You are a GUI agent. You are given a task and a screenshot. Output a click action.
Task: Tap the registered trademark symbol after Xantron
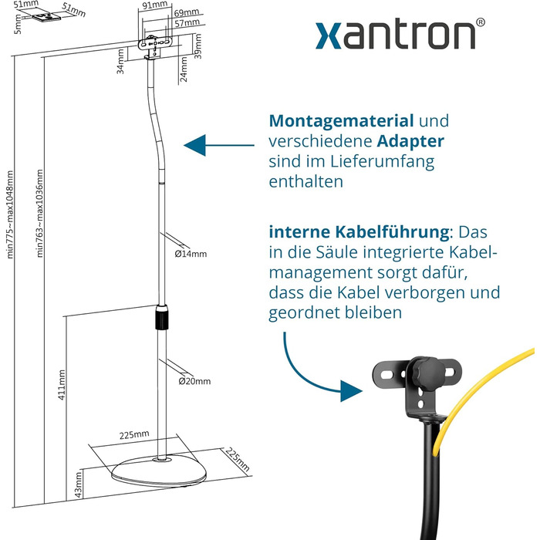481,24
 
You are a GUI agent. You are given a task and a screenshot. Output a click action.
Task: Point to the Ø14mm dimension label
191,253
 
